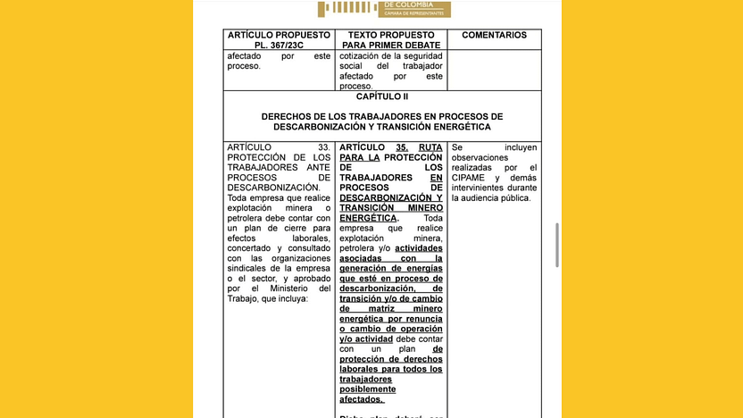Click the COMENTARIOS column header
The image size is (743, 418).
[x=494, y=36]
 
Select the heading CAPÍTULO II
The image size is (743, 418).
[x=381, y=96]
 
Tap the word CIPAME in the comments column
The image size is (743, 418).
[x=473, y=178]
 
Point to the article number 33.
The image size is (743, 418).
[x=324, y=146]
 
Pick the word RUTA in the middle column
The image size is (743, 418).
[x=430, y=146]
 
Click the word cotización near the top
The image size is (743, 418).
[x=367, y=56]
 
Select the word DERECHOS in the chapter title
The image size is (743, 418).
[x=289, y=117]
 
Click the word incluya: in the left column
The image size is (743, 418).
[x=291, y=299]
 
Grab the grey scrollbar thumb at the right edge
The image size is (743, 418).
[x=558, y=245]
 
